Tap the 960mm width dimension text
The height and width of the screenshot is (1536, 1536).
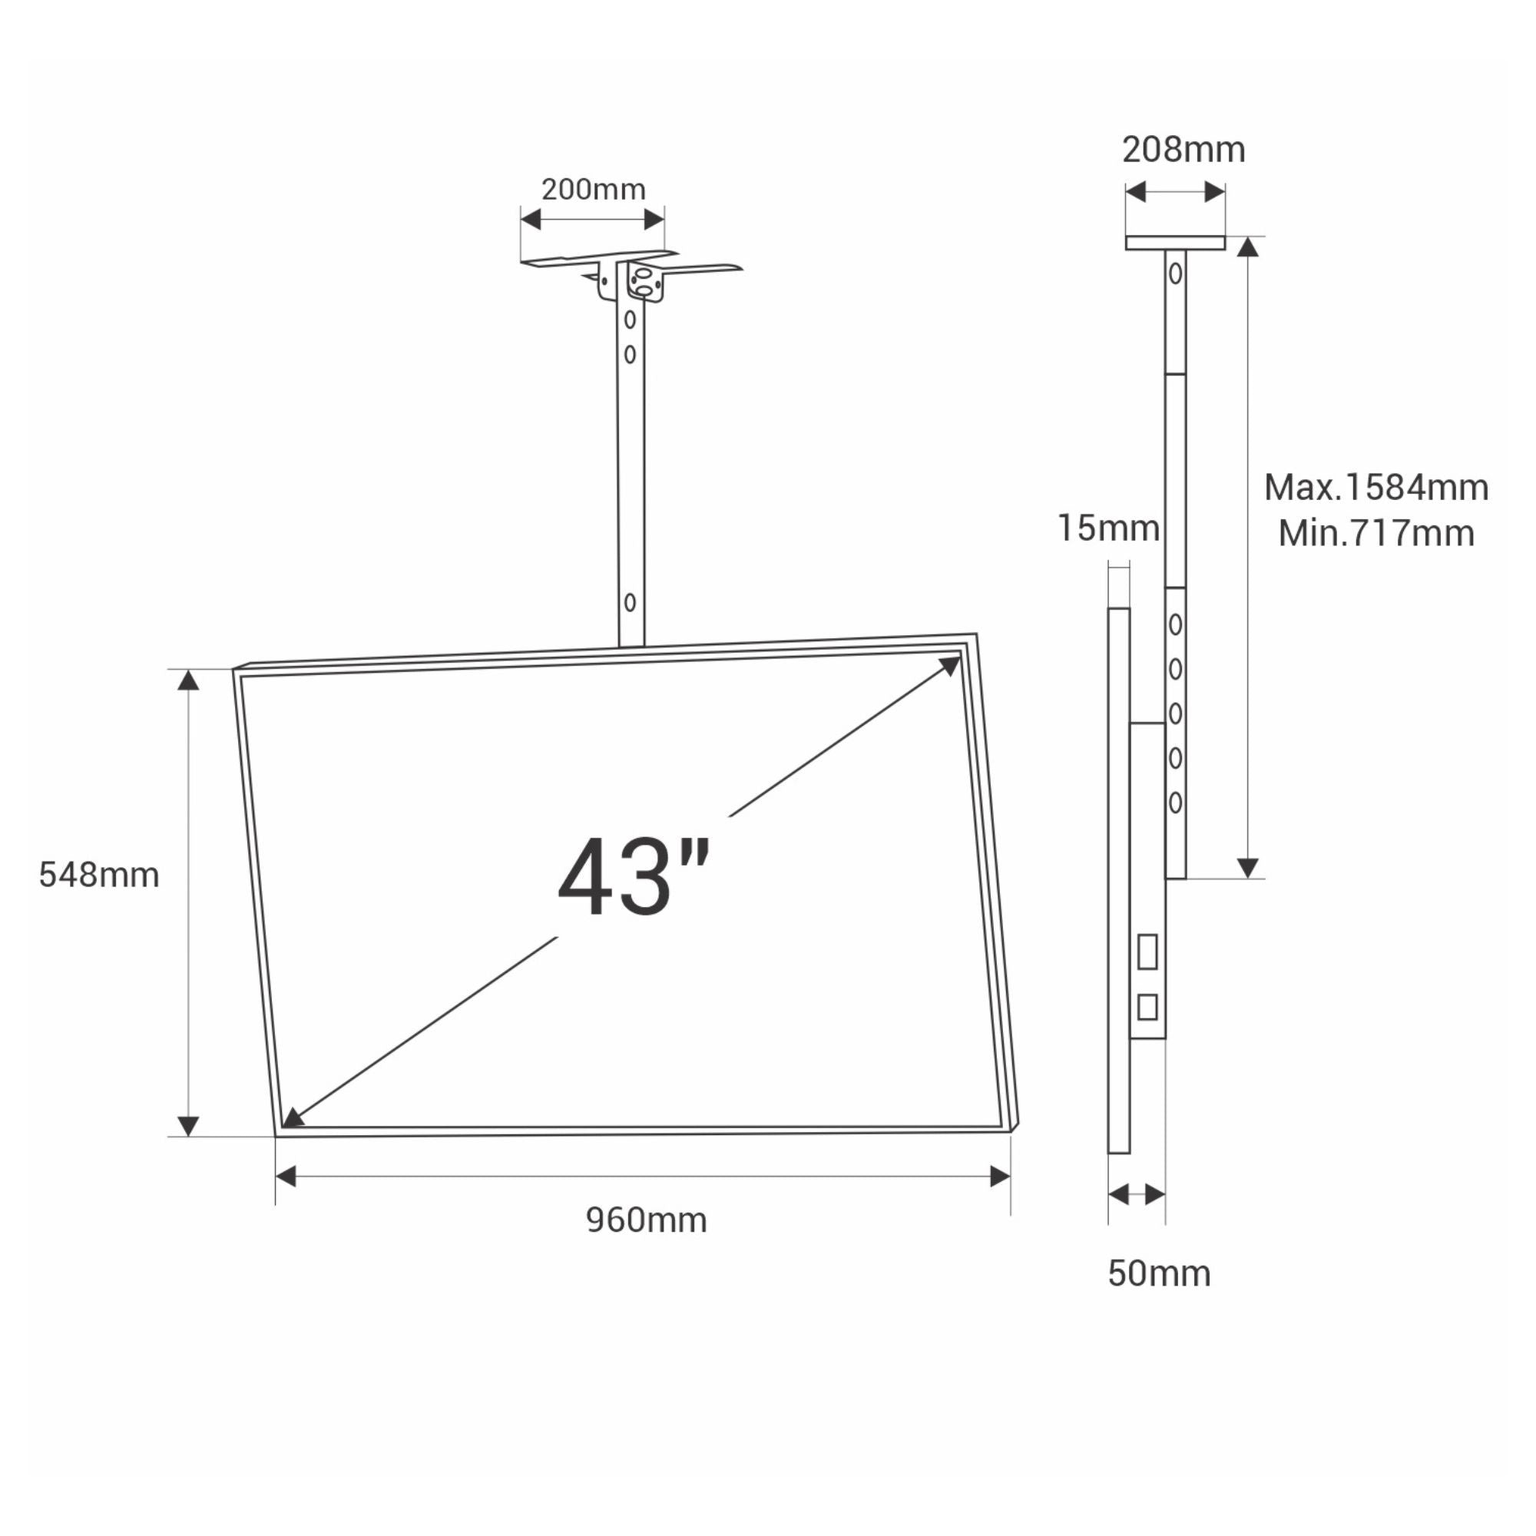click(x=646, y=1220)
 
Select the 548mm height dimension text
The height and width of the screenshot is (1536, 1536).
click(x=98, y=875)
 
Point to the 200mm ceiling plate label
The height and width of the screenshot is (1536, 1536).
click(x=593, y=189)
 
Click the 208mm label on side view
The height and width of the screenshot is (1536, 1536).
click(x=1183, y=150)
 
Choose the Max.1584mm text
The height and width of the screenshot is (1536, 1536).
click(x=1375, y=488)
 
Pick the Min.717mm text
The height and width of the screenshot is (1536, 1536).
click(x=1375, y=533)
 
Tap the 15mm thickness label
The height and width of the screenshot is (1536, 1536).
click(x=1107, y=528)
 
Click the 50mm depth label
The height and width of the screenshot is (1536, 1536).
click(x=1158, y=1273)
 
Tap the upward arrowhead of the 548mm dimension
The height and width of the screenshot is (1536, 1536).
click(x=187, y=679)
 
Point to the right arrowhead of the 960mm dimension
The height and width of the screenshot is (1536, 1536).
click(x=1000, y=1177)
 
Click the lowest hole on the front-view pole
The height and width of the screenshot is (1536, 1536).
click(x=630, y=603)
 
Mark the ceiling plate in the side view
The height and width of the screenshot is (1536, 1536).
click(x=1175, y=243)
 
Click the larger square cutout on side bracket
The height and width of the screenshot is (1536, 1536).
click(x=1147, y=952)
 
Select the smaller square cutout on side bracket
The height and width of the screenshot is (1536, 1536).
click(x=1147, y=1008)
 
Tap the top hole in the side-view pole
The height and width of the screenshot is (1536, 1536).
click(x=1175, y=273)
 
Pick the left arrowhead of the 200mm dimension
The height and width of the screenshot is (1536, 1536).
click(x=530, y=219)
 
